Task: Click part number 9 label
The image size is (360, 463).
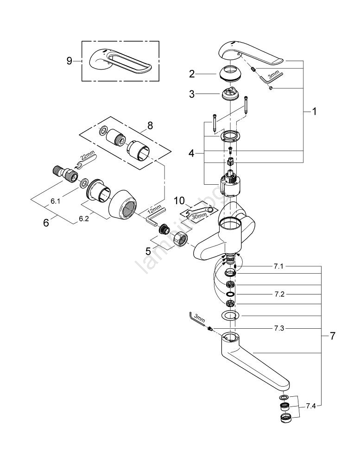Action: point(69,61)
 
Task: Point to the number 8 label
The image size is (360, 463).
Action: point(150,125)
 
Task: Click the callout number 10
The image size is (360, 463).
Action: point(180,200)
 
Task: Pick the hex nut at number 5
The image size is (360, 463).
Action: point(180,241)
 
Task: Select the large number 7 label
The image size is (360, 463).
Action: point(332,337)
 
